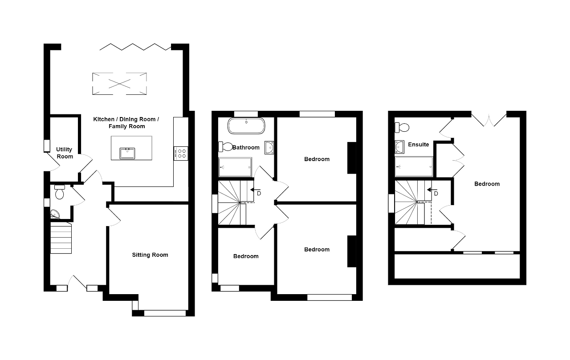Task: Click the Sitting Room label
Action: [x=150, y=255]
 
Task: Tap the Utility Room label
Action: [x=65, y=153]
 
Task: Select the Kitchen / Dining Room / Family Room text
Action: [x=126, y=123]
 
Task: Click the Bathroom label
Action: [x=246, y=147]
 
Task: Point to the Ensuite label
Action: [x=418, y=145]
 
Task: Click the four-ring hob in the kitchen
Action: [x=181, y=153]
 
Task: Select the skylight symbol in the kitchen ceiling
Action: [x=119, y=83]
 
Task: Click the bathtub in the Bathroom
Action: [x=246, y=126]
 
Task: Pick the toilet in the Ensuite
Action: [x=402, y=128]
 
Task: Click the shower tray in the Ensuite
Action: [x=414, y=167]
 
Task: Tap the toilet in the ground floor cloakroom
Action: [x=60, y=193]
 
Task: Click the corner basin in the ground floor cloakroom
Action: [x=55, y=214]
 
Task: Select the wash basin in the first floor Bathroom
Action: [x=269, y=147]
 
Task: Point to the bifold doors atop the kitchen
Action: [x=135, y=46]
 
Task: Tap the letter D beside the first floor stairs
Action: [x=259, y=194]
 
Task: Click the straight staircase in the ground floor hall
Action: [x=61, y=238]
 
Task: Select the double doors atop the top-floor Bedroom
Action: [x=489, y=119]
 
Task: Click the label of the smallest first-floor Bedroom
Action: [x=246, y=256]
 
